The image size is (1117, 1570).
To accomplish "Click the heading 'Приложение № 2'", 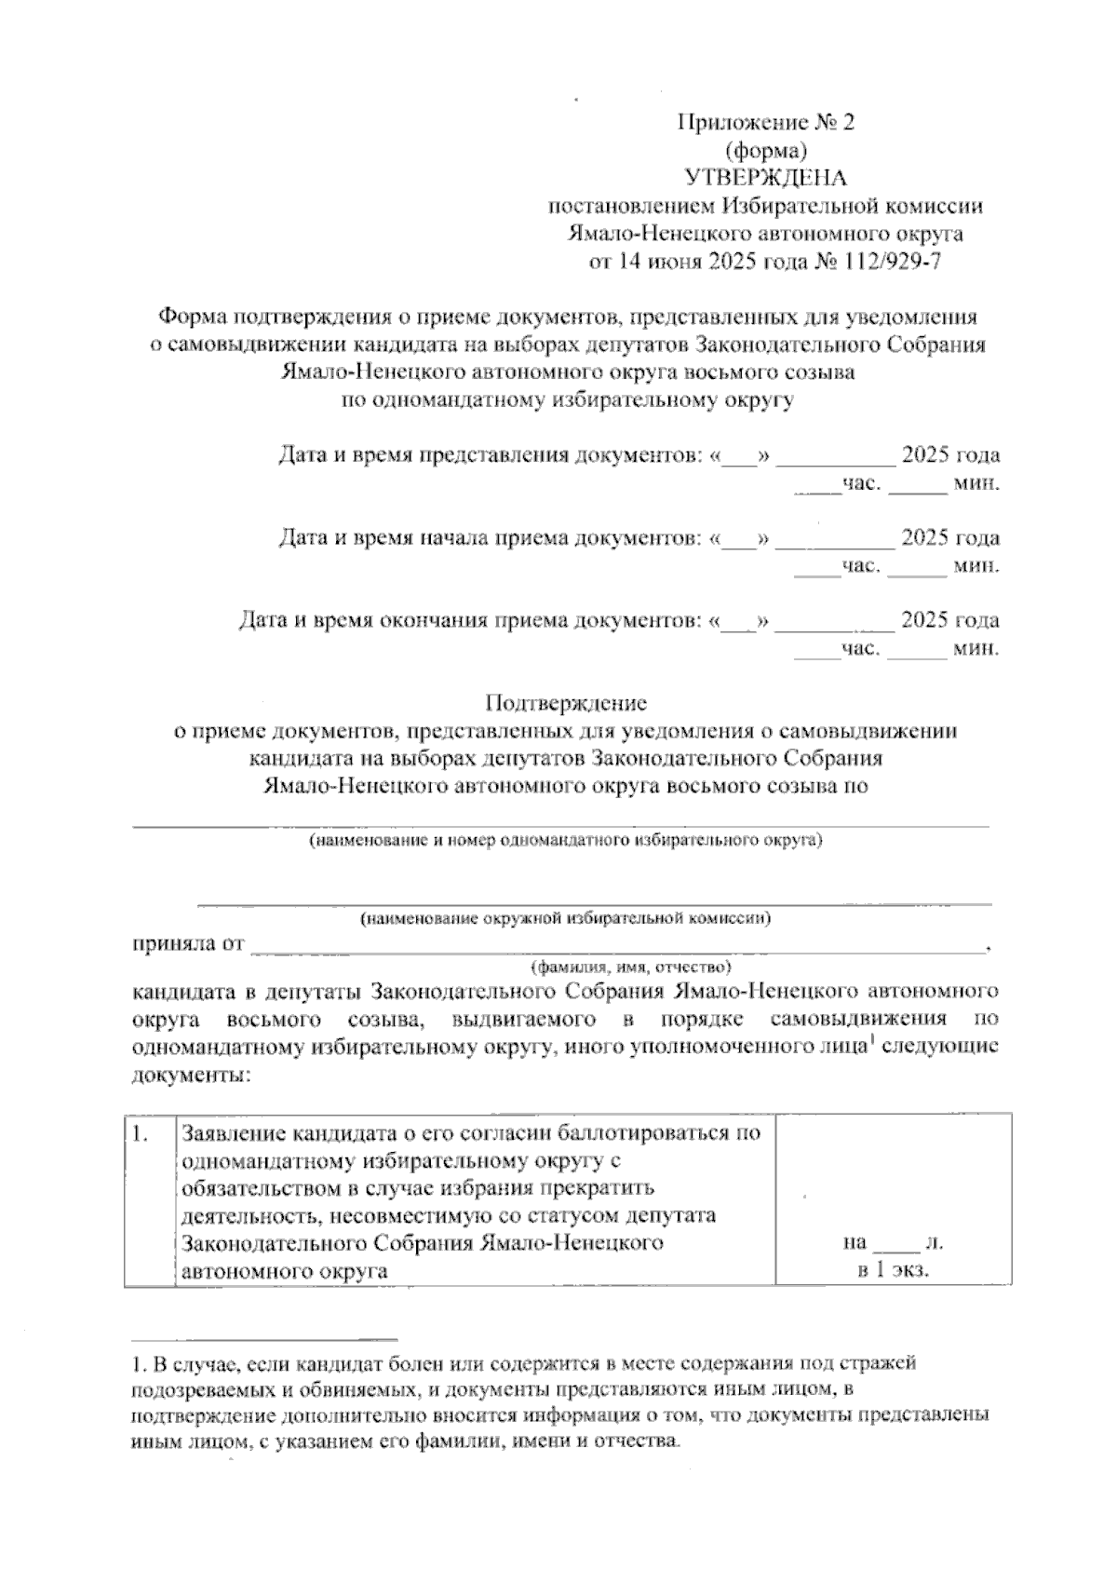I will [765, 123].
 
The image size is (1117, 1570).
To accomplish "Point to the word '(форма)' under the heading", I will [765, 150].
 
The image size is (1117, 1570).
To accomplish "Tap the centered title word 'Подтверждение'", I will [566, 703].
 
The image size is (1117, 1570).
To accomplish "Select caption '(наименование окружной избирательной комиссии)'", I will [566, 918].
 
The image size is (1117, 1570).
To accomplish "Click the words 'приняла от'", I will [188, 944].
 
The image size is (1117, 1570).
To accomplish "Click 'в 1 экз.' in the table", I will [895, 1270].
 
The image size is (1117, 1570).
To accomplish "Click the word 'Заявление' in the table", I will [234, 1134].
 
